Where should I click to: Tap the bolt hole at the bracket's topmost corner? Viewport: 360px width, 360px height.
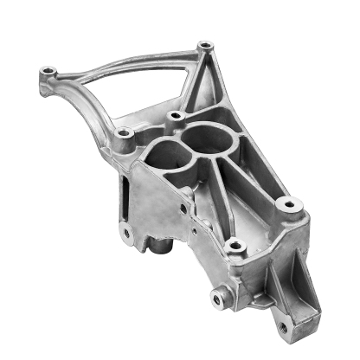pyautogui.click(x=204, y=45)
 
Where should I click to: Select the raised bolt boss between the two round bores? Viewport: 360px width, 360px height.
pyautogui.click(x=177, y=115)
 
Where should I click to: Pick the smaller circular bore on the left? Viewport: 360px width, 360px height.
pyautogui.click(x=164, y=156)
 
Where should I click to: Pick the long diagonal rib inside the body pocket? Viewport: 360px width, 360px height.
pyautogui.click(x=247, y=186)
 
